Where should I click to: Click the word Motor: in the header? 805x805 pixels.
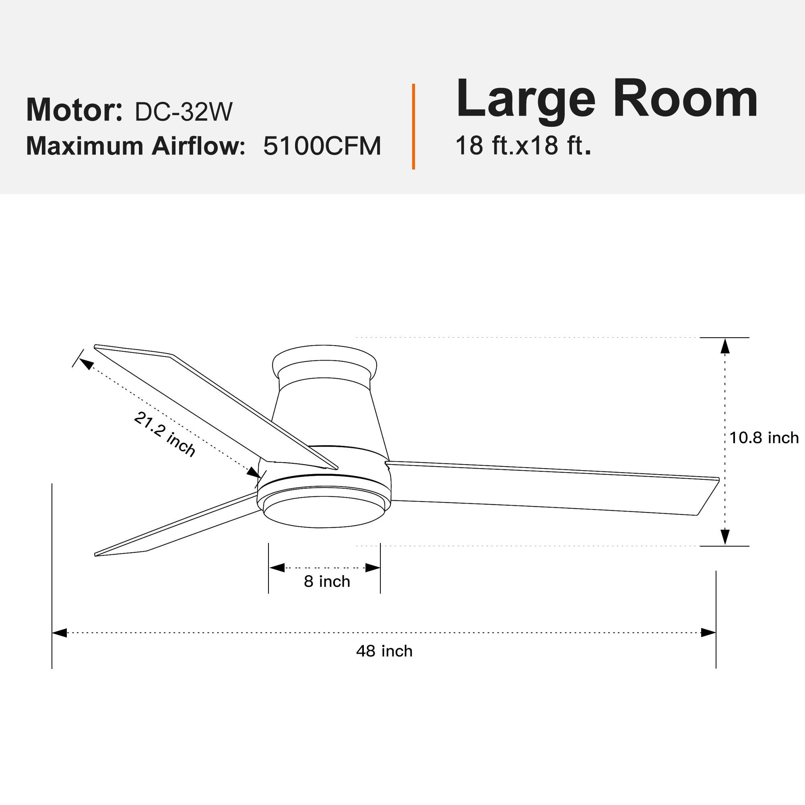pyautogui.click(x=74, y=110)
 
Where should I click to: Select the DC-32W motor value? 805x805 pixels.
pyautogui.click(x=183, y=111)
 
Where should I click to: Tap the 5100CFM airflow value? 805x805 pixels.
pyautogui.click(x=322, y=146)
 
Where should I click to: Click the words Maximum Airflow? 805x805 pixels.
pyautogui.click(x=135, y=146)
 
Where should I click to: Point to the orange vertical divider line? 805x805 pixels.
pyautogui.click(x=413, y=127)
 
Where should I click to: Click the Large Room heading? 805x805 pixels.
pyautogui.click(x=607, y=100)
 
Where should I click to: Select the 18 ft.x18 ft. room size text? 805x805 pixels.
pyautogui.click(x=523, y=145)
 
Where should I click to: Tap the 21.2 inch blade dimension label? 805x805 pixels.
pyautogui.click(x=165, y=434)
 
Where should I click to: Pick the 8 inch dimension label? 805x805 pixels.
pyautogui.click(x=327, y=581)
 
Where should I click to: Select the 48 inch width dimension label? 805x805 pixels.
pyautogui.click(x=384, y=651)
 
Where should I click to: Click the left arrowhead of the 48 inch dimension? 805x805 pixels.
pyautogui.click(x=60, y=633)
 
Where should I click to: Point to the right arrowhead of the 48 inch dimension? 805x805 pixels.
pyautogui.click(x=708, y=633)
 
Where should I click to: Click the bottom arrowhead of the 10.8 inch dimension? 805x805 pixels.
pyautogui.click(x=725, y=537)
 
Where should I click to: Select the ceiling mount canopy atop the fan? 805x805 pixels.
pyautogui.click(x=324, y=361)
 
